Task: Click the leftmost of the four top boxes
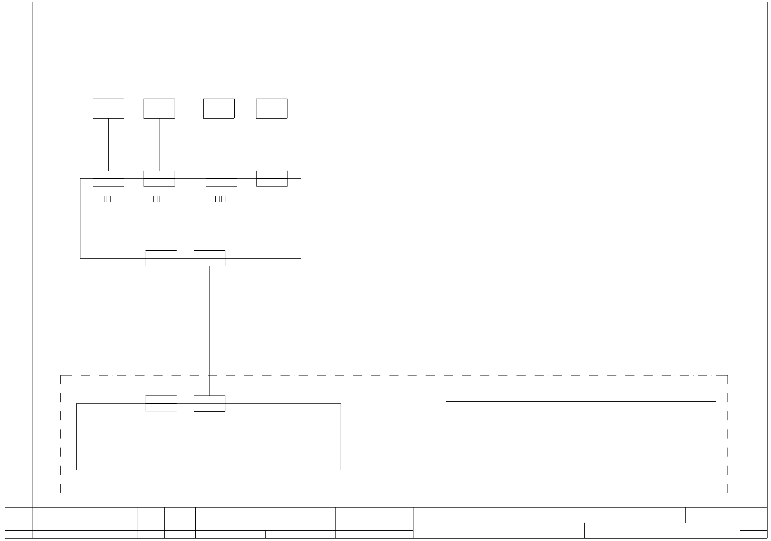[108, 108]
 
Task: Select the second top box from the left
[159, 108]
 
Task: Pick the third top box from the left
[219, 108]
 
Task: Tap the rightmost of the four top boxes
[272, 108]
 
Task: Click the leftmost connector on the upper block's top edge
[108, 179]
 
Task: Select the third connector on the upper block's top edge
[221, 179]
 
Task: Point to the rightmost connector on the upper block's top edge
[272, 179]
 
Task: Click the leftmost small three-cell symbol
[106, 199]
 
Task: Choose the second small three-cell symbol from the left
[158, 199]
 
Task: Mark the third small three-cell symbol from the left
[220, 199]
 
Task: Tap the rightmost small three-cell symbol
[273, 199]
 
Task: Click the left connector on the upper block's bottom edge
[161, 258]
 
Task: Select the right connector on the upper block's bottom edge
[209, 258]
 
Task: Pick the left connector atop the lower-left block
[161, 403]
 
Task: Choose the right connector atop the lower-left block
[209, 403]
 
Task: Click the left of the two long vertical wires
[161, 331]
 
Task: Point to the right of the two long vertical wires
[209, 331]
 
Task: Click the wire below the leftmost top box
[109, 145]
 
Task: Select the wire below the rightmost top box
[271, 145]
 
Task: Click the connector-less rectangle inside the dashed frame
[581, 435]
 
